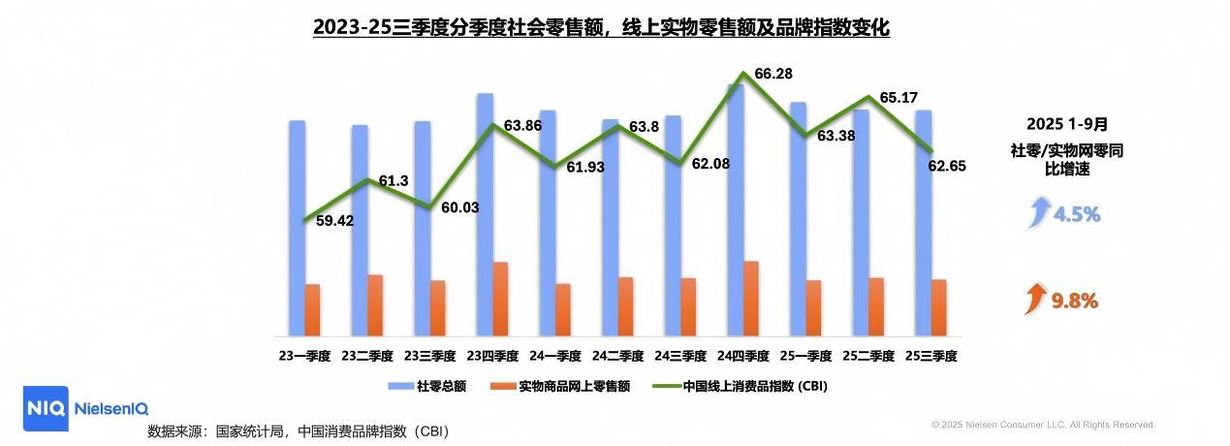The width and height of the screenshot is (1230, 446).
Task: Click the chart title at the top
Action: tap(601, 27)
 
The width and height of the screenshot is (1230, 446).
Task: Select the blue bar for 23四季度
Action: tap(485, 213)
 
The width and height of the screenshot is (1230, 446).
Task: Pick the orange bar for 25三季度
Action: tap(938, 307)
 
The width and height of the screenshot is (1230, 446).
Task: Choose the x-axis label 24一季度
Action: tap(554, 356)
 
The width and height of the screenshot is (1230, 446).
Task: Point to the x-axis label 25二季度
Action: tap(867, 356)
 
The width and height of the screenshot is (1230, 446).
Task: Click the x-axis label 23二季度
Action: tap(367, 356)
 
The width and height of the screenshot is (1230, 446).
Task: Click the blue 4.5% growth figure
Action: tap(1077, 214)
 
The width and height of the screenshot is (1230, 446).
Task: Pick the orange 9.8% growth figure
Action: tap(1075, 302)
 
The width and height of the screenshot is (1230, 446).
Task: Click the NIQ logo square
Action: tap(45, 408)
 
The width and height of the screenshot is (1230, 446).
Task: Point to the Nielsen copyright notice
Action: tap(1043, 425)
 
